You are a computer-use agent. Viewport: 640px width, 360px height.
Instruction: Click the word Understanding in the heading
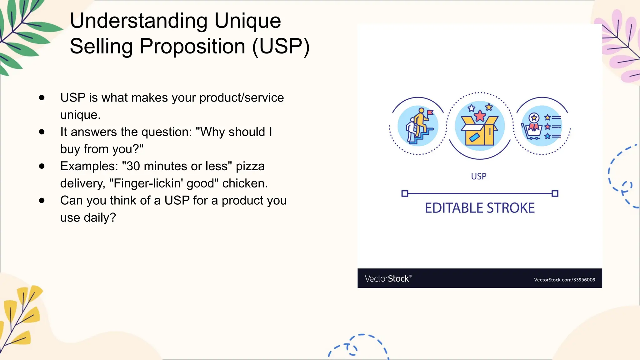point(139,21)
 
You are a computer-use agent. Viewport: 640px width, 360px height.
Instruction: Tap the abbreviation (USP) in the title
point(280,47)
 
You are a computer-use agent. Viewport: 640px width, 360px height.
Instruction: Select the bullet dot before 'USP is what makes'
point(42,98)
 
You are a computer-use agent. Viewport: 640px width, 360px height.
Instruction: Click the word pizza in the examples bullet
point(250,166)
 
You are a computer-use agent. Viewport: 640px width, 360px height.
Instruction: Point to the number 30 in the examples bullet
point(133,166)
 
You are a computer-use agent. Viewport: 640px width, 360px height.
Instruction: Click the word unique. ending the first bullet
point(80,115)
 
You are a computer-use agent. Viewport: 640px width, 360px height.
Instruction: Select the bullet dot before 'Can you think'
point(42,201)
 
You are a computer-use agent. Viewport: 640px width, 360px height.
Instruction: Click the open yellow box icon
point(480,131)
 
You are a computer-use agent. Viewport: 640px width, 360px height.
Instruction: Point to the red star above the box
point(480,116)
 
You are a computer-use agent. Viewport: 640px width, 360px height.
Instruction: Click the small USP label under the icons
point(478,177)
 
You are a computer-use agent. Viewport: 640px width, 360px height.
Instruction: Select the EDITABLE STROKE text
point(480,208)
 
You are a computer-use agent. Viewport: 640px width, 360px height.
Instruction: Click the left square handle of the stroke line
point(405,193)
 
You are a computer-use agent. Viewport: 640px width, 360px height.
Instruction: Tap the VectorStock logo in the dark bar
point(388,278)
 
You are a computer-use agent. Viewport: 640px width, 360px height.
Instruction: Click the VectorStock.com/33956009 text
point(564,280)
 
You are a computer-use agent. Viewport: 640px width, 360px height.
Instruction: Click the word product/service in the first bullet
point(242,98)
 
